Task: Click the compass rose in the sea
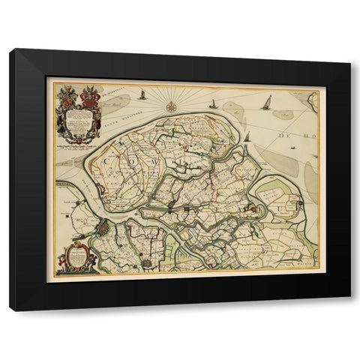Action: [171, 106]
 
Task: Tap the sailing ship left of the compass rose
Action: [142, 94]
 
